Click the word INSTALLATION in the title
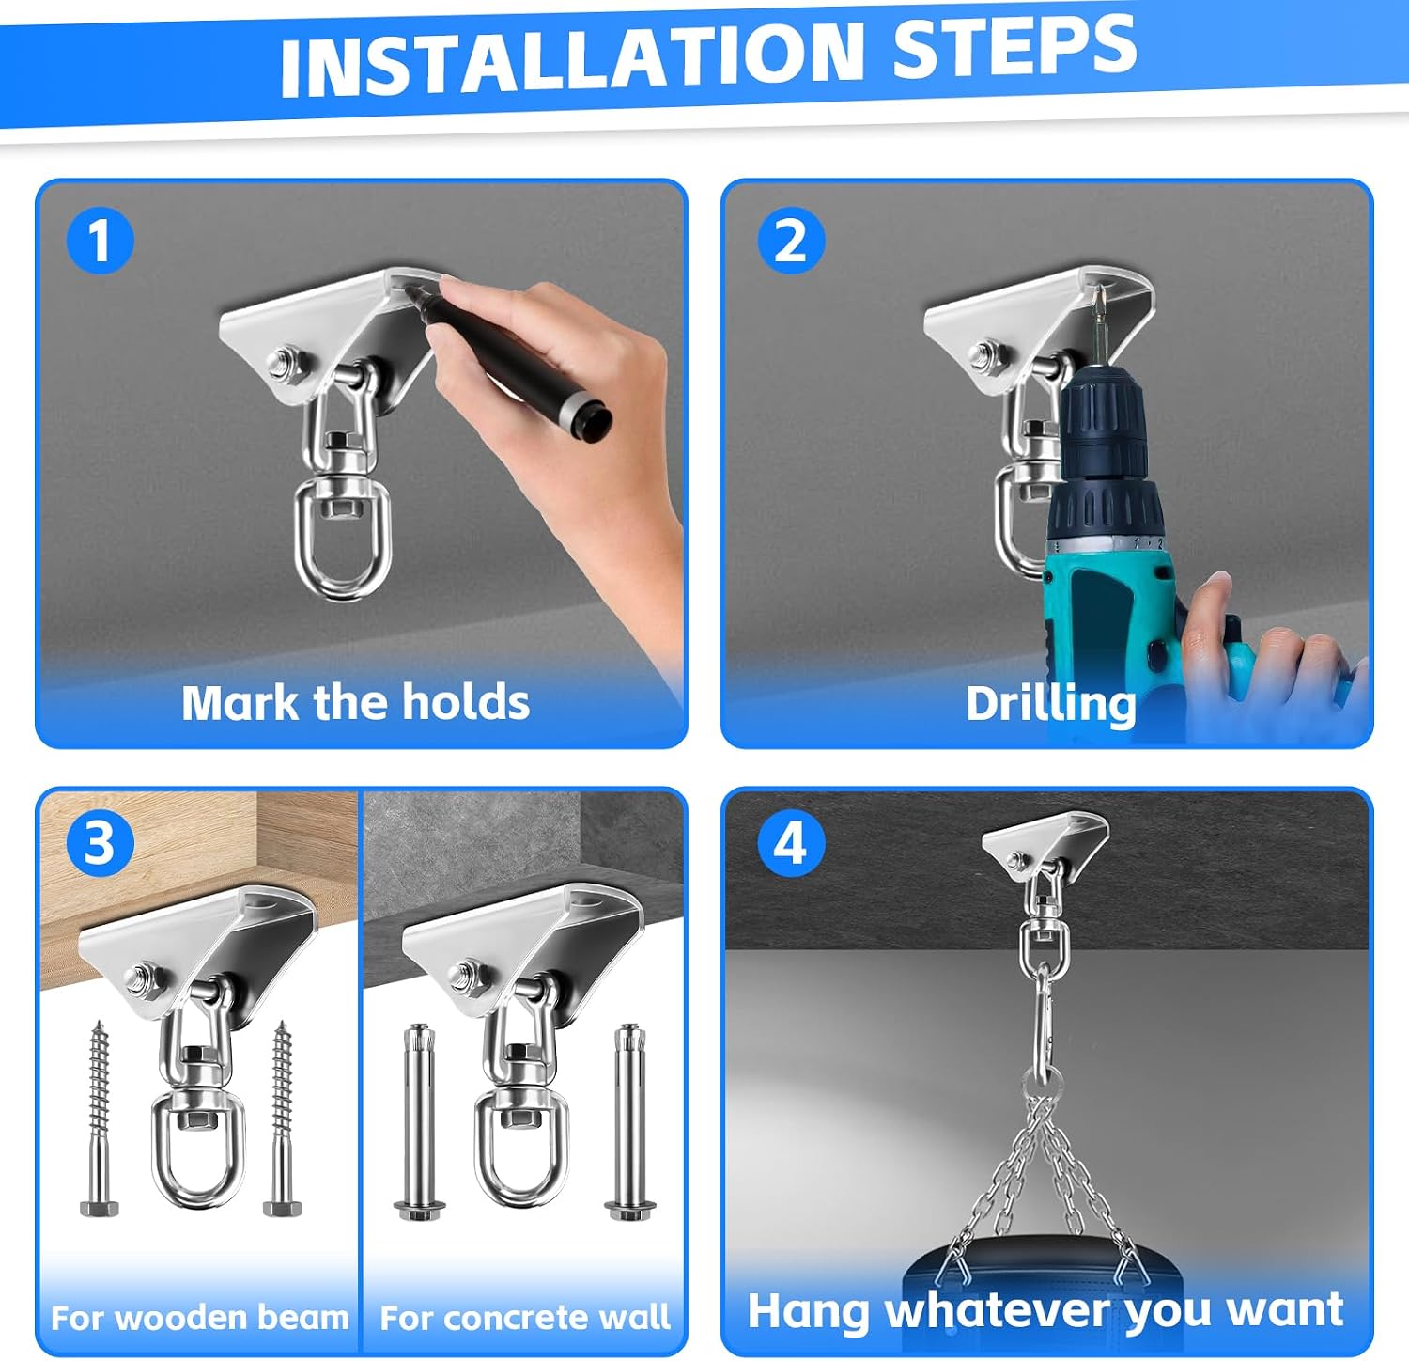[x=572, y=57]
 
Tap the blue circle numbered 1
[x=100, y=241]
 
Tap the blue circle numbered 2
[x=791, y=241]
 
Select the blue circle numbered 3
[x=100, y=844]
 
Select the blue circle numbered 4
[x=791, y=844]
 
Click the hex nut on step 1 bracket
[x=284, y=363]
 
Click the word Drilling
[x=1051, y=705]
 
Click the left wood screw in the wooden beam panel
[x=99, y=1118]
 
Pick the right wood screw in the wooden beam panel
[x=282, y=1118]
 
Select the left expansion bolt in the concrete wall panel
[x=415, y=1122]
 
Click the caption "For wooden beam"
[x=199, y=1318]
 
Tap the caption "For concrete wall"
[x=525, y=1318]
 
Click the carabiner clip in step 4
[x=1041, y=1015]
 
